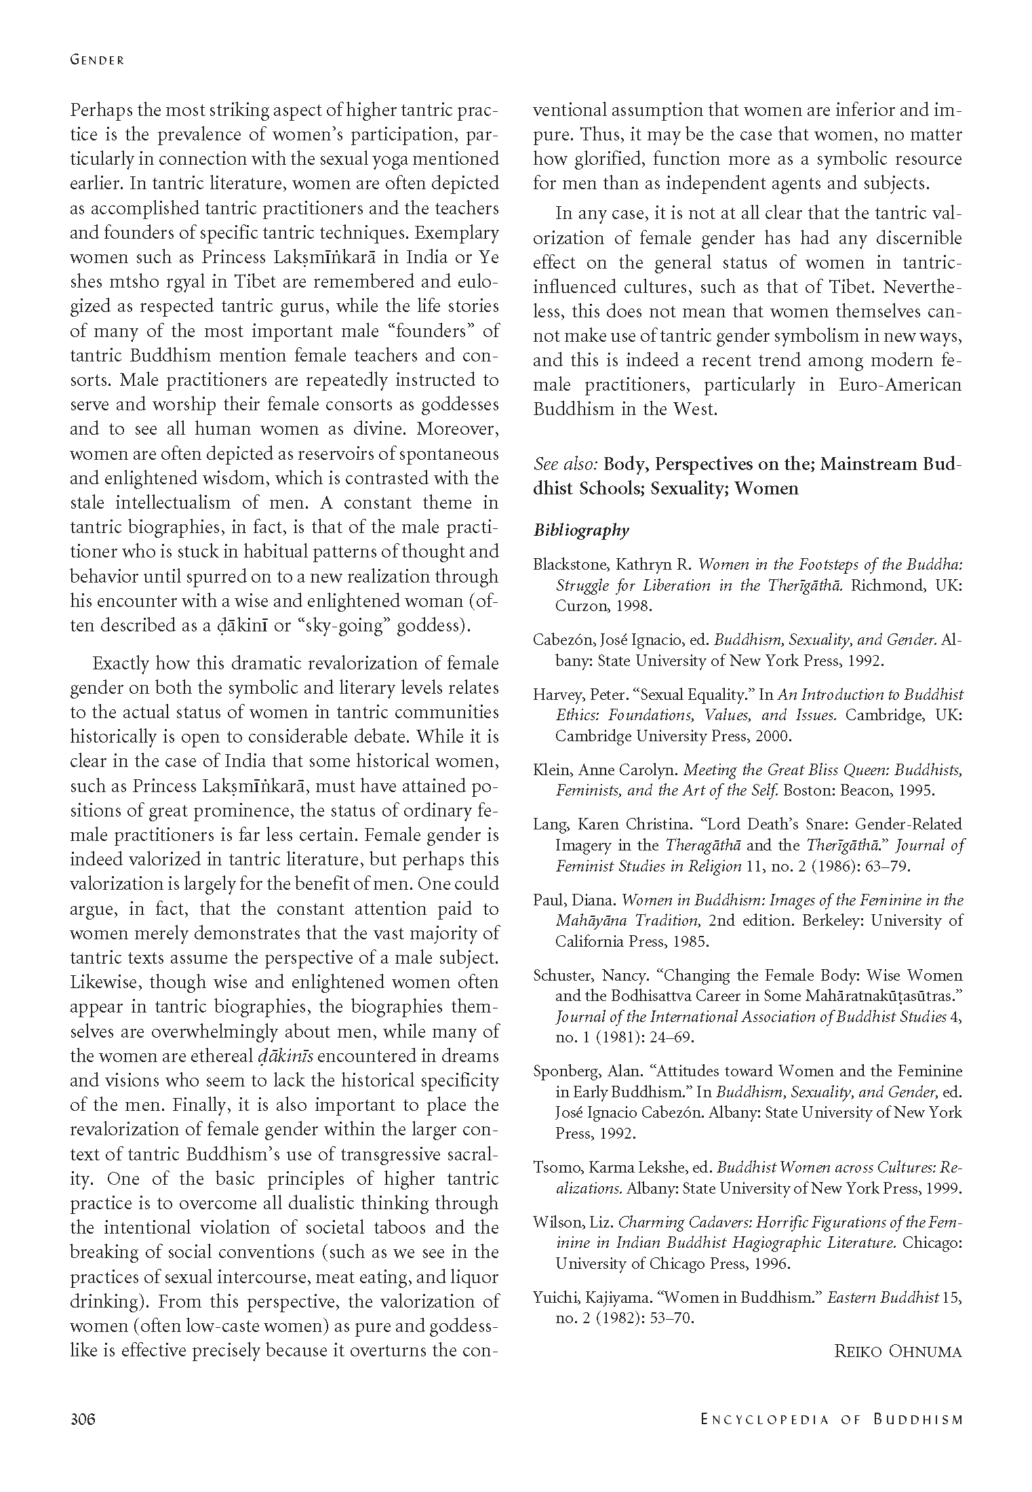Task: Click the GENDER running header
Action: tap(97, 60)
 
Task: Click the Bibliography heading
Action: tap(581, 530)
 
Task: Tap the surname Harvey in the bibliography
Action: tap(558, 694)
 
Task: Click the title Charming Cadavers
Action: tap(679, 1222)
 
